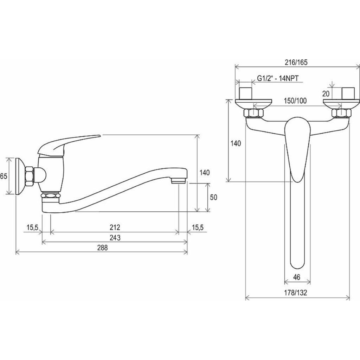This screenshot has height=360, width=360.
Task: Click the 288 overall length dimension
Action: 102,248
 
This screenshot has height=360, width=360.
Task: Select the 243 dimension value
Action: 115,238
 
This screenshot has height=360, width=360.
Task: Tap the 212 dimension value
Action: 115,227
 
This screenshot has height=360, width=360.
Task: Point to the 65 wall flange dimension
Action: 4,176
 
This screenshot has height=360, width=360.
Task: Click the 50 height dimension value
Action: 213,197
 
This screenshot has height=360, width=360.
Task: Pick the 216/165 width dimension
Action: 296,62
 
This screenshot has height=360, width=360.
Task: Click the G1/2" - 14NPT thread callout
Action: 278,78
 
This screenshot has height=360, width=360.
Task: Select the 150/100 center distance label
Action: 295,101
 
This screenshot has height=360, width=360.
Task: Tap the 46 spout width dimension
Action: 297,277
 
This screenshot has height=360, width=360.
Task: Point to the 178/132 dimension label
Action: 296,293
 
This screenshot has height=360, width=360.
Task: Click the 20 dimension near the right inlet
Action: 326,94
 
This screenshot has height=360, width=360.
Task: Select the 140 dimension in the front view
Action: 236,143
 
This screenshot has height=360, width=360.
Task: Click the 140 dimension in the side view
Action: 205,172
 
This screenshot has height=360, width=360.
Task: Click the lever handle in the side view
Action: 69,144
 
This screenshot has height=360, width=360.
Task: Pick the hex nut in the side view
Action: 30,176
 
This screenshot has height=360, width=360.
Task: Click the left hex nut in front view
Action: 254,113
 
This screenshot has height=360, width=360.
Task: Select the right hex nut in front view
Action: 341,113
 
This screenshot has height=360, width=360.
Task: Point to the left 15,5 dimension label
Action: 32,227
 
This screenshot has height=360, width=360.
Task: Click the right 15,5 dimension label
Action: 198,227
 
